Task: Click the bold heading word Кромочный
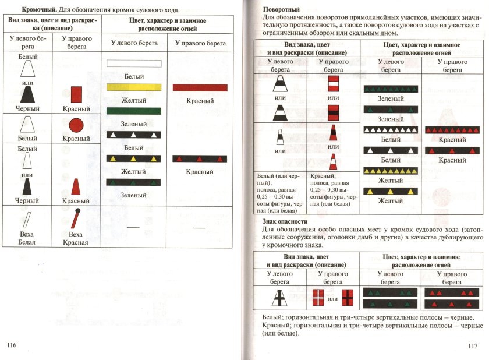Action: [39, 10]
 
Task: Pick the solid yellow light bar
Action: [133, 87]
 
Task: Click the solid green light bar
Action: [133, 111]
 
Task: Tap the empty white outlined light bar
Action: [133, 64]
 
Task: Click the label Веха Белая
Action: [27, 238]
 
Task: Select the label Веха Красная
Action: [76, 238]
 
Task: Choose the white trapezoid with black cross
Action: [279, 298]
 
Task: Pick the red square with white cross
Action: [319, 298]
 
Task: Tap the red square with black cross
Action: [348, 298]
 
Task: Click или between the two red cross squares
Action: [333, 299]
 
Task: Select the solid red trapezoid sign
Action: [76, 188]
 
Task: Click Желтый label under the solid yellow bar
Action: [133, 100]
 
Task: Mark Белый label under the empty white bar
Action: [133, 76]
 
